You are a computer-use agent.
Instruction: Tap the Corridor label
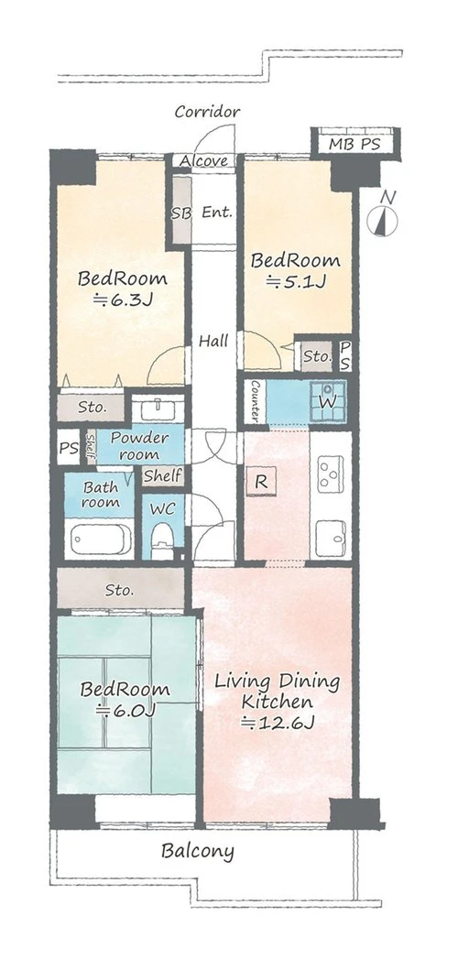pyautogui.click(x=207, y=112)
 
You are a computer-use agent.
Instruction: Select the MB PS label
pyautogui.click(x=354, y=145)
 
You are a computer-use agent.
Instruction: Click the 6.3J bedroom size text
pyautogui.click(x=122, y=300)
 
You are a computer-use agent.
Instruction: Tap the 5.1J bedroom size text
pyautogui.click(x=297, y=282)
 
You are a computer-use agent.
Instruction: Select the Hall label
pyautogui.click(x=214, y=341)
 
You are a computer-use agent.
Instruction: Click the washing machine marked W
pyautogui.click(x=328, y=401)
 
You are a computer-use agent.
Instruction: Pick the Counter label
pyautogui.click(x=256, y=400)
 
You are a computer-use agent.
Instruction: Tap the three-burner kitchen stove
pyautogui.click(x=330, y=474)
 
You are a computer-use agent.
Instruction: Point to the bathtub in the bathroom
pyautogui.click(x=101, y=539)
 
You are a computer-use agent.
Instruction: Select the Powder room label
pyautogui.click(x=139, y=446)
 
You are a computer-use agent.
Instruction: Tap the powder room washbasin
pyautogui.click(x=158, y=409)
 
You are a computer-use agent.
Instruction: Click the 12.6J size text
pyautogui.click(x=278, y=723)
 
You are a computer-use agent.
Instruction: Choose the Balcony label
pyautogui.click(x=198, y=851)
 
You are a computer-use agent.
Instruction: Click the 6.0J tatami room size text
pyautogui.click(x=125, y=710)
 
